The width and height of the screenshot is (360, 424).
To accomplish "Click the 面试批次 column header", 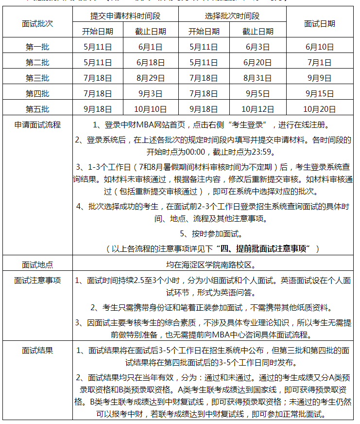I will [x=37, y=23].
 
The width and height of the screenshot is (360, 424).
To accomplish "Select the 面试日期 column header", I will [x=319, y=23].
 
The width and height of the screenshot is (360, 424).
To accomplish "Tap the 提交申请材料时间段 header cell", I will [x=126, y=16].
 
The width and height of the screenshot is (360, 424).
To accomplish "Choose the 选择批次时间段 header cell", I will [x=232, y=16].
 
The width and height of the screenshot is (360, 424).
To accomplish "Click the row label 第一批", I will [x=37, y=47].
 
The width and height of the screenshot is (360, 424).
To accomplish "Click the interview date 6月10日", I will [x=319, y=47].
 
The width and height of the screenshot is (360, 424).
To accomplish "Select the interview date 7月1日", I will [x=319, y=63].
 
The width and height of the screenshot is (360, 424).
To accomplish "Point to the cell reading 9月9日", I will [x=319, y=78].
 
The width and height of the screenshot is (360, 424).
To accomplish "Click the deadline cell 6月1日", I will [x=151, y=47].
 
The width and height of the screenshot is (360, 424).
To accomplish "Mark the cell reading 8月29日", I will [x=151, y=78].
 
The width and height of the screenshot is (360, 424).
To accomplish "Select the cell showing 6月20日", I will [x=257, y=63].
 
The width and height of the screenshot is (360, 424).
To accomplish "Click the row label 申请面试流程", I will [x=37, y=124].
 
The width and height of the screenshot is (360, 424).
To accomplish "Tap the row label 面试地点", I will [x=37, y=265].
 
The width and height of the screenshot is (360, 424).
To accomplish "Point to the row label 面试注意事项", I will [x=37, y=281].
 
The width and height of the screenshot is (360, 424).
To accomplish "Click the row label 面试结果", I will [x=37, y=350].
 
